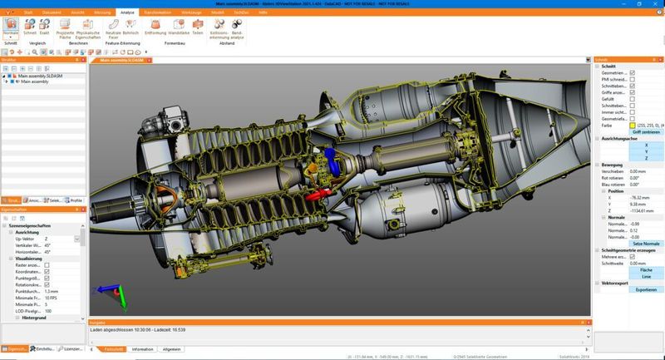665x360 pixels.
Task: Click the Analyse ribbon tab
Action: [x=127, y=14]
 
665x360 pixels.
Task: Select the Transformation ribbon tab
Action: [x=158, y=14]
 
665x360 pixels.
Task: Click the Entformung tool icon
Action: [x=155, y=27]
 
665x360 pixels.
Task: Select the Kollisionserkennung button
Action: [x=221, y=27]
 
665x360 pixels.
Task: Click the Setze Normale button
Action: [x=635, y=243]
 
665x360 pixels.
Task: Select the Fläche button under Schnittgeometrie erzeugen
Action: [x=635, y=270]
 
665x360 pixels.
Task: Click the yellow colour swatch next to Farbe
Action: [x=632, y=125]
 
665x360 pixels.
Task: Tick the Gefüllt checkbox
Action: [x=633, y=98]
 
